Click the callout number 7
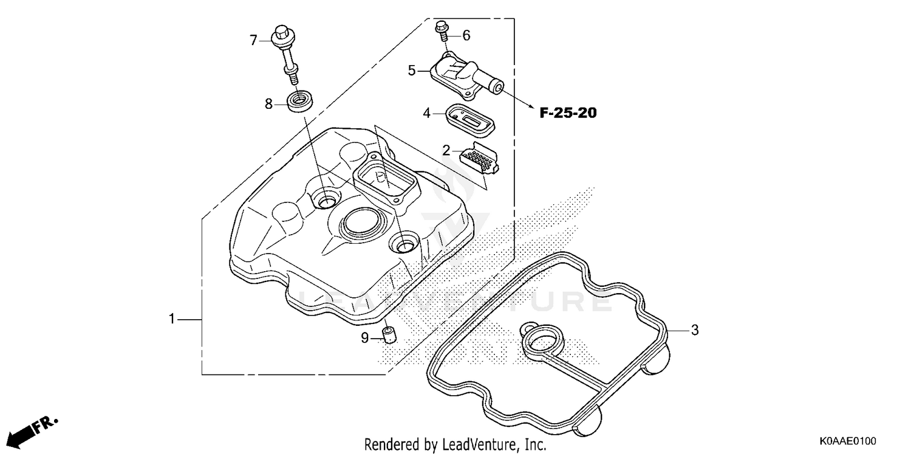[x=254, y=41]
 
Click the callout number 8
[x=269, y=104]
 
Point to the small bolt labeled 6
[x=442, y=30]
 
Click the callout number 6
[x=466, y=36]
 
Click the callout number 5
[x=412, y=71]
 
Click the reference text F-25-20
[x=568, y=113]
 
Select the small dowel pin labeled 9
[x=388, y=334]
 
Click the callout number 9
[x=364, y=338]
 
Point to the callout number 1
[x=172, y=319]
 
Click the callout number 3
[x=695, y=330]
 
